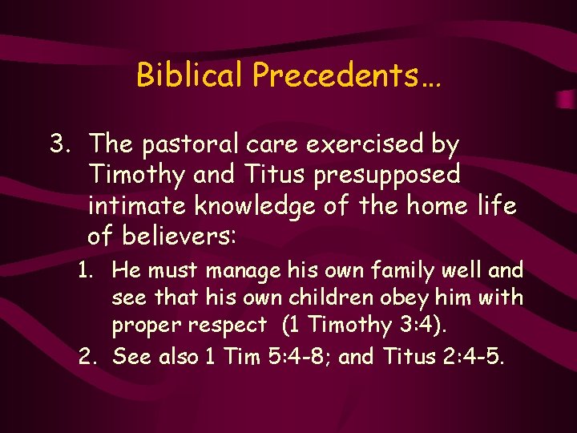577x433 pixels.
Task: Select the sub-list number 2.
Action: pyautogui.click(x=87, y=355)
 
